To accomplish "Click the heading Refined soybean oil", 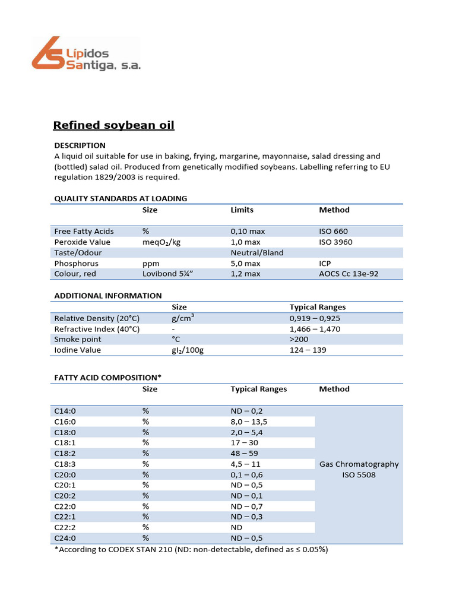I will pos(113,125).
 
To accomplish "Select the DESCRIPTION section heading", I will pos(80,145).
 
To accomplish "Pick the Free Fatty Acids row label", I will pos(84,231).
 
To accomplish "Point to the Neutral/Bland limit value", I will pos(257,252).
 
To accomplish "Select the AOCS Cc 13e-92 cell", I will pos(348,274).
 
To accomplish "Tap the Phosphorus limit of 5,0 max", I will pos(245,263).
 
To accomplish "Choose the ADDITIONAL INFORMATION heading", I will pos(108,295).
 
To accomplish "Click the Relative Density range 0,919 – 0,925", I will pos(315,318).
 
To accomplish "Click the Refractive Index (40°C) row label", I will pos(97,329).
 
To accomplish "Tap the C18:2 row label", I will pos(66,453).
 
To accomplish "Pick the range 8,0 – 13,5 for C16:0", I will pos(249,422).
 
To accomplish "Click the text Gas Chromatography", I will pos(359,464).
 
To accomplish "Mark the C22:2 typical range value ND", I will pos(236,527).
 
